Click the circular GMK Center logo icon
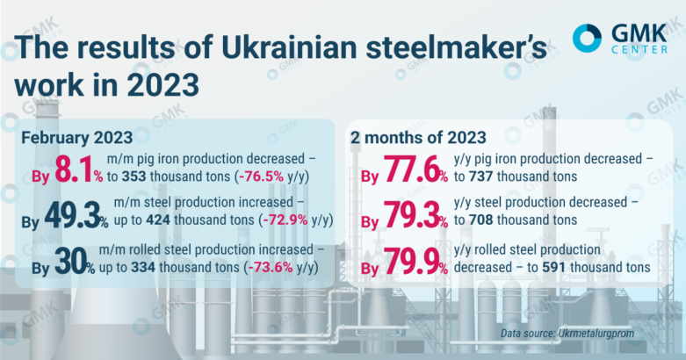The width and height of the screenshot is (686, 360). [588, 38]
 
